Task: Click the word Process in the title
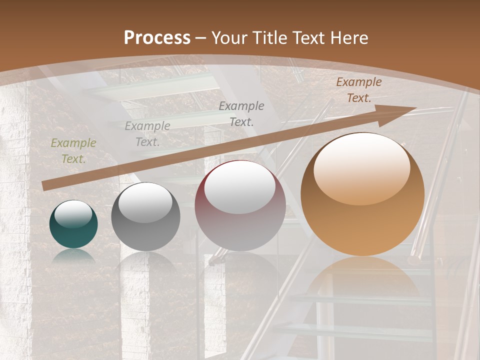(157, 38)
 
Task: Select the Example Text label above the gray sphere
(147, 134)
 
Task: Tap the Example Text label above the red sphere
(241, 113)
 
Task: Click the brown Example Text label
(358, 90)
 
